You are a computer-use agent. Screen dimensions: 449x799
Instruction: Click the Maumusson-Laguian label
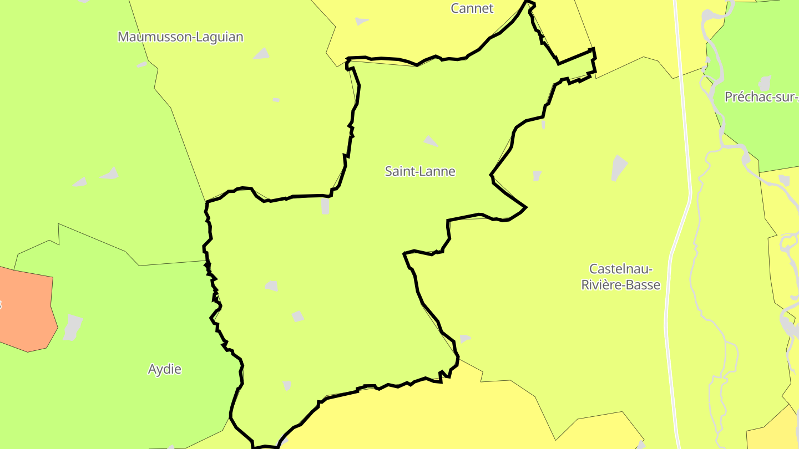tap(180, 37)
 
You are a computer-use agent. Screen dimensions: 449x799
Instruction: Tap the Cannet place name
tap(472, 8)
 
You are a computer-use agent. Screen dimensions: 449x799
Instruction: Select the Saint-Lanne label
tap(420, 171)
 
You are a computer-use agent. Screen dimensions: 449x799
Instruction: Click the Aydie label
tap(165, 369)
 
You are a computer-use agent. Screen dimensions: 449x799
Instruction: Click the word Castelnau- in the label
tap(620, 269)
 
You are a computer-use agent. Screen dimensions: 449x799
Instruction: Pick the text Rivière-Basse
tap(620, 285)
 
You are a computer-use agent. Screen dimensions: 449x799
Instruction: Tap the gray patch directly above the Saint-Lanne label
tap(431, 141)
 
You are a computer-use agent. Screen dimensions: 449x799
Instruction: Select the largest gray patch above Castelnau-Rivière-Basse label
tap(619, 167)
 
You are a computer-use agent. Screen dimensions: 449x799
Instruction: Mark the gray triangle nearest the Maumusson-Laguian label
tap(261, 54)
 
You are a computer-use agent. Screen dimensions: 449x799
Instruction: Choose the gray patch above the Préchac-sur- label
tap(765, 83)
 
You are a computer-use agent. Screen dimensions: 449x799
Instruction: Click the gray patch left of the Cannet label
tap(361, 21)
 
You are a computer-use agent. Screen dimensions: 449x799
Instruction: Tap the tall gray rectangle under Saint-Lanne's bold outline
tap(325, 206)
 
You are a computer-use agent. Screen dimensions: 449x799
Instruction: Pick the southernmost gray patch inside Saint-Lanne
tap(286, 385)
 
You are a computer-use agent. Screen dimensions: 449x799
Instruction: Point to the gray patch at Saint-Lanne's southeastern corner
tap(464, 338)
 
